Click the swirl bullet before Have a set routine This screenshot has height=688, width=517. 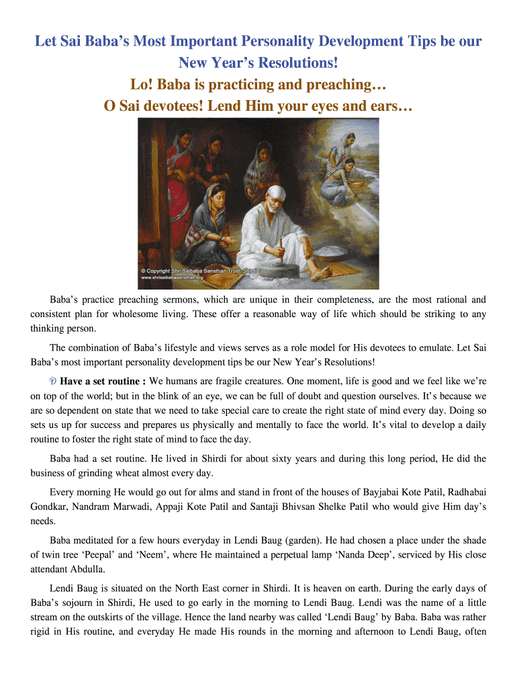pos(54,381)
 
